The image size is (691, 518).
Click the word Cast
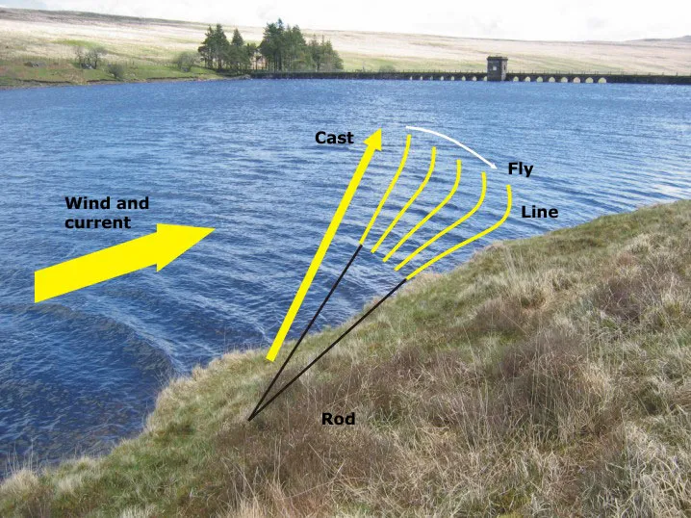pyautogui.click(x=334, y=139)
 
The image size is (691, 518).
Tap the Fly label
pyautogui.click(x=521, y=169)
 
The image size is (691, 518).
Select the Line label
pyautogui.click(x=539, y=212)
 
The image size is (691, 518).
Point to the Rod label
pyautogui.click(x=338, y=420)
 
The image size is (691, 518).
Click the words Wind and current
pyautogui.click(x=106, y=213)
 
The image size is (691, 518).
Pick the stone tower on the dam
pyautogui.click(x=497, y=67)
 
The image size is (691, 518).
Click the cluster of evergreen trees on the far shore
pyautogui.click(x=269, y=48)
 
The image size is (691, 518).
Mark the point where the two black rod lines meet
pyautogui.click(x=248, y=420)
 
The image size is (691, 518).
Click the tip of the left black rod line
pyautogui.click(x=362, y=246)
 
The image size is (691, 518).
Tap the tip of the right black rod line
pyautogui.click(x=405, y=280)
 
